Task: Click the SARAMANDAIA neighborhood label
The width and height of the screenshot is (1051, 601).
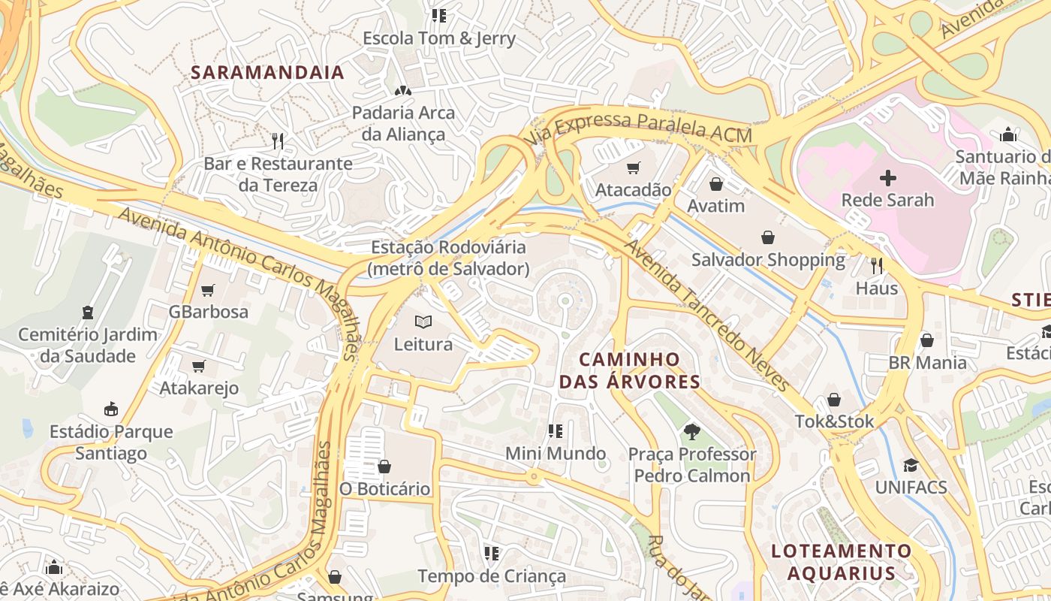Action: [x=267, y=73]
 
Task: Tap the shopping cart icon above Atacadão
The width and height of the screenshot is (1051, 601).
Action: [x=634, y=168]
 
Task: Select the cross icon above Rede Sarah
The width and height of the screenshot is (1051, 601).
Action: [x=887, y=178]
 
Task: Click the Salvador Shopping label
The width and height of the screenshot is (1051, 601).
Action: [x=768, y=260]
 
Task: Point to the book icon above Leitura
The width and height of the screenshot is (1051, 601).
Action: [x=423, y=322]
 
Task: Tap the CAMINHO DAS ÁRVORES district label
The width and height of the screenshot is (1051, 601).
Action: [x=629, y=370]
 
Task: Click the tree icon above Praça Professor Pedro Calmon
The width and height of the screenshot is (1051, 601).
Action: [x=691, y=432]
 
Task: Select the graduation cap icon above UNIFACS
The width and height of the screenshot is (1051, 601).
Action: [x=911, y=465]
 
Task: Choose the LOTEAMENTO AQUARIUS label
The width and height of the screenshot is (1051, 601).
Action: [x=841, y=562]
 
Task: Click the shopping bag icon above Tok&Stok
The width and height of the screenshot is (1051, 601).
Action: [x=833, y=400]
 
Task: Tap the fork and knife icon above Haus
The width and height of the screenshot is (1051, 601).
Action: [x=876, y=265]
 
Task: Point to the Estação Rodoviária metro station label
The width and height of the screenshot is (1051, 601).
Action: [x=448, y=258]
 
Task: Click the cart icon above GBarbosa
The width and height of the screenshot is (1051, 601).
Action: [x=208, y=290]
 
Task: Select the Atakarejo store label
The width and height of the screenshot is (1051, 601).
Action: [x=199, y=388]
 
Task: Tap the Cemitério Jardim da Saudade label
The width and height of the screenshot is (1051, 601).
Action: [x=88, y=345]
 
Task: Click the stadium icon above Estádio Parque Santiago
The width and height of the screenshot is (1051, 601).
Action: [x=111, y=409]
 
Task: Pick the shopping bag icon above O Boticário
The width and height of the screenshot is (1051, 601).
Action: [x=384, y=467]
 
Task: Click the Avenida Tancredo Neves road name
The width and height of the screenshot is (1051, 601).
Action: [x=706, y=316]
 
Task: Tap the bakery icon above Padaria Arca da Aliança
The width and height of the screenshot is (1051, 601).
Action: [x=403, y=91]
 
